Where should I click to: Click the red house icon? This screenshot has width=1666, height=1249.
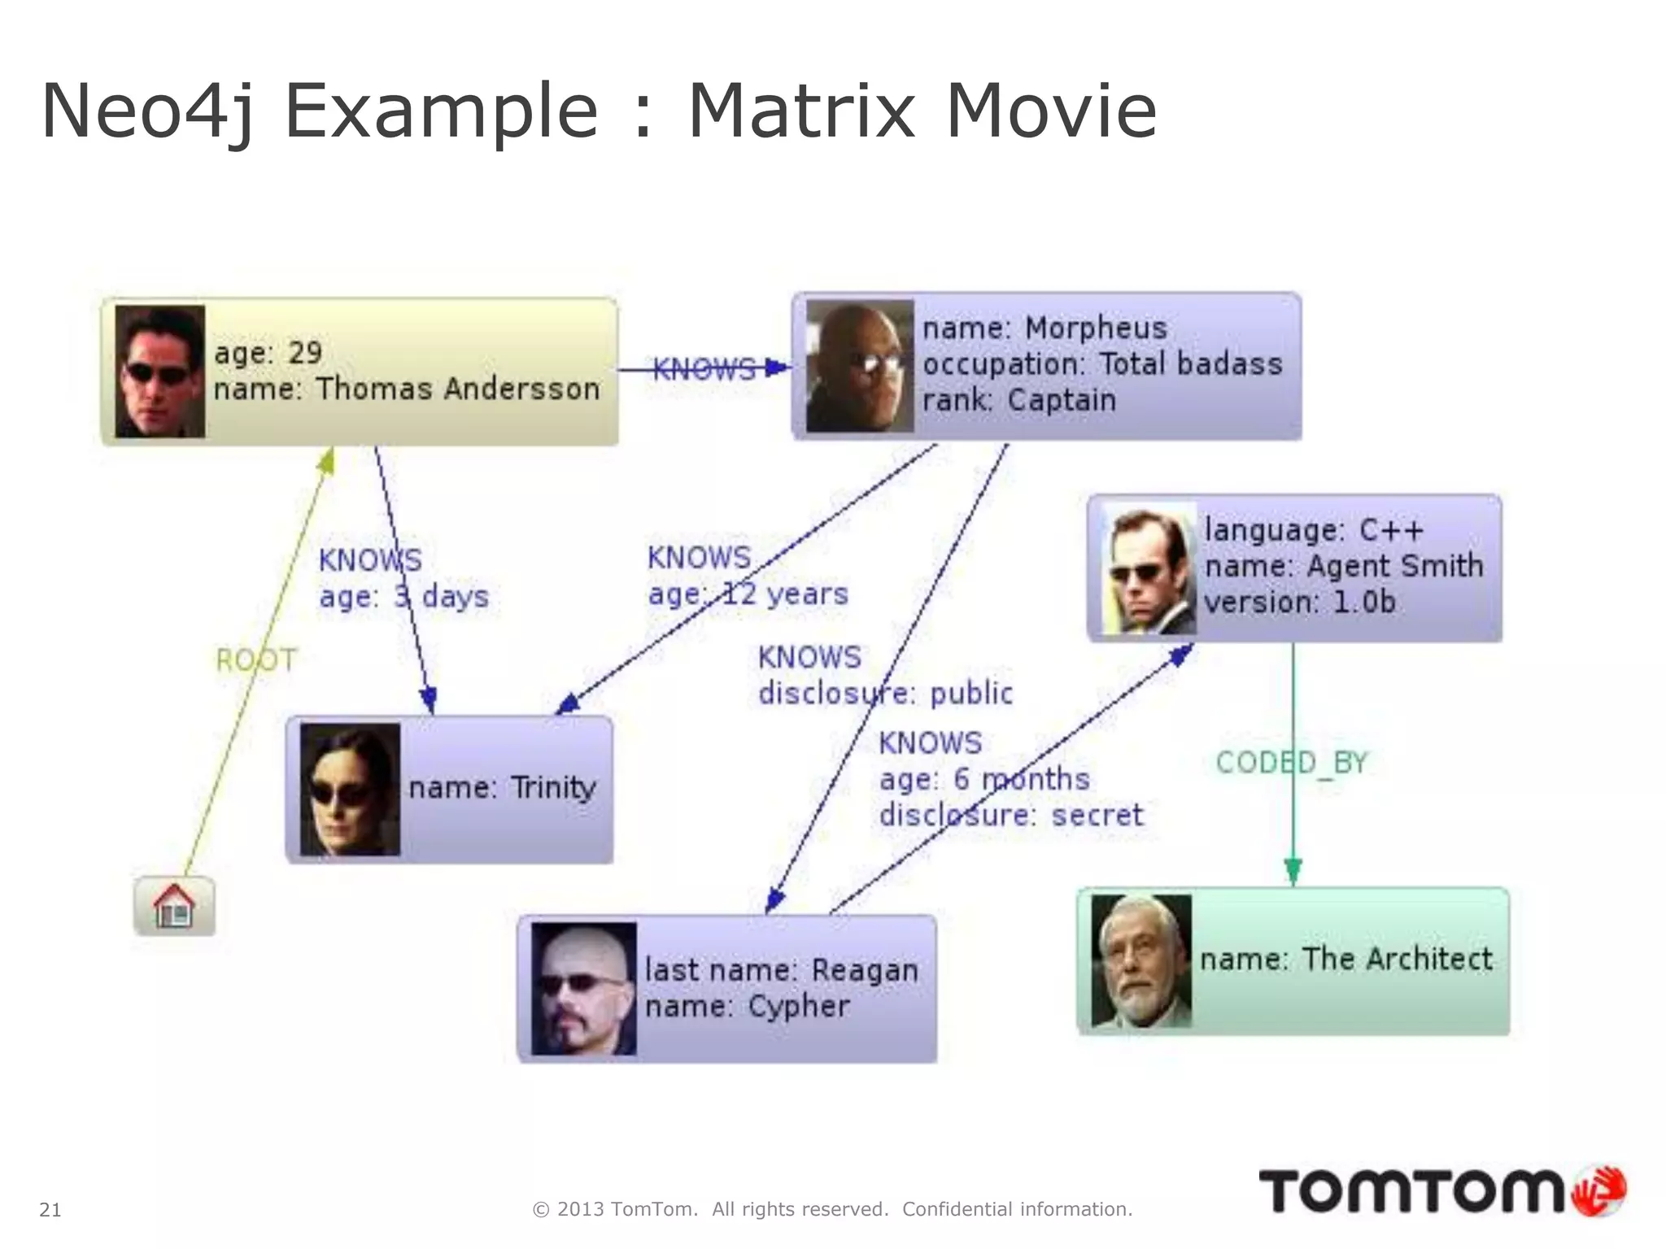tap(174, 906)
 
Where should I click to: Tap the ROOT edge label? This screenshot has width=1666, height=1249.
tap(256, 659)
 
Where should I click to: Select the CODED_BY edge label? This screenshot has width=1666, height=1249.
tap(1292, 763)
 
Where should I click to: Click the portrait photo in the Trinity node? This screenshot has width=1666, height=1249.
tap(350, 789)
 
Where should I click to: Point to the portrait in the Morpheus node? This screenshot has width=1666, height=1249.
tap(860, 366)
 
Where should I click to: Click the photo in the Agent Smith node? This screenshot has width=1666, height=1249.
tap(1149, 568)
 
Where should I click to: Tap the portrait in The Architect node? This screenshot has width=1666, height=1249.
tap(1141, 960)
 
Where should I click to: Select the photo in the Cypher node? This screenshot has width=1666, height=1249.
tap(583, 988)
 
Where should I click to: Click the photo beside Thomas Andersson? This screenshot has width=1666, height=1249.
tap(159, 372)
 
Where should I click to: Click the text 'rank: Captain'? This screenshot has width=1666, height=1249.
tap(1019, 400)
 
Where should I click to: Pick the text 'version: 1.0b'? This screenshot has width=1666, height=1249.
tap(1300, 603)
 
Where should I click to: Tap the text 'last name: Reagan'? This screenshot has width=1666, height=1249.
tap(781, 970)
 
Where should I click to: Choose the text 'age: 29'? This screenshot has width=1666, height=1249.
tap(268, 353)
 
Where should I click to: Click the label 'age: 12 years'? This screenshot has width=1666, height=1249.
tap(748, 594)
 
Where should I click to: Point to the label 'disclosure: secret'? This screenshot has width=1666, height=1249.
tap(1011, 815)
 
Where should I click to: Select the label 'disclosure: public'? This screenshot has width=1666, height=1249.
tap(885, 694)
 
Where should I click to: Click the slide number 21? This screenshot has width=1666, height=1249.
tap(50, 1210)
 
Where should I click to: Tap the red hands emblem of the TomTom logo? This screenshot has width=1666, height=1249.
tap(1599, 1192)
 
